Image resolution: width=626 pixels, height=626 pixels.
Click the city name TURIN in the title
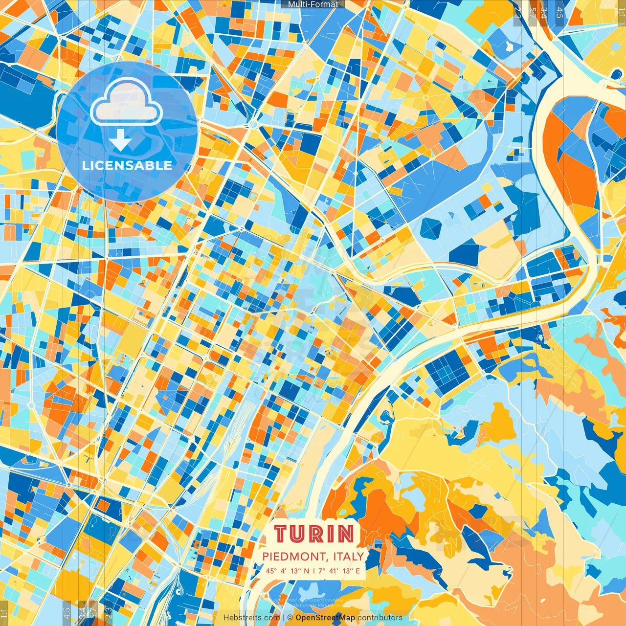pos(314,534)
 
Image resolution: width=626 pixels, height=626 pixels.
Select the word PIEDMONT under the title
pos(295,557)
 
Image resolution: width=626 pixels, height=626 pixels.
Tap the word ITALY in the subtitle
pos(349,557)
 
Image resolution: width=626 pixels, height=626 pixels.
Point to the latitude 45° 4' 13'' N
pos(287,571)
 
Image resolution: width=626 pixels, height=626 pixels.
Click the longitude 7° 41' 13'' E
pos(338,571)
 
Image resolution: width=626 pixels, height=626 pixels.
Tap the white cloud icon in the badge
pos(126,102)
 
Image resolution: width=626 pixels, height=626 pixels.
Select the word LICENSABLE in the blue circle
pos(127,165)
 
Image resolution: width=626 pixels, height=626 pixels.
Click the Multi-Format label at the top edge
pos(313,4)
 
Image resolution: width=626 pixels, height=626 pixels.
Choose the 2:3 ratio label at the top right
pos(517,12)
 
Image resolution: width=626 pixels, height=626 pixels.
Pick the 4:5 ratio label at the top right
pos(559,12)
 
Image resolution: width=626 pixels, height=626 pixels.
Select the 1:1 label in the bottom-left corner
pos(4,613)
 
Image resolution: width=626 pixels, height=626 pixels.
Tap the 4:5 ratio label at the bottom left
pos(67,613)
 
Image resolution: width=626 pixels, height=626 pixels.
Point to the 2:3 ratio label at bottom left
pos(109,613)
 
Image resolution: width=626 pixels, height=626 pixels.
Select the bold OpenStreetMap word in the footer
pos(325,618)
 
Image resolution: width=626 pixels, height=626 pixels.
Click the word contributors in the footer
pos(380,618)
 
